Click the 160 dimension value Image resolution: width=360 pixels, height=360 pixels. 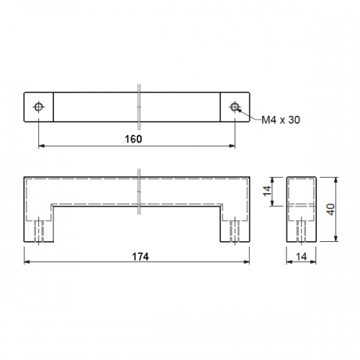[133, 139]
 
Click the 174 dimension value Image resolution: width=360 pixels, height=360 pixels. [140, 257]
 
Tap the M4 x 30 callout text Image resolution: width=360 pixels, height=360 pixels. [281, 120]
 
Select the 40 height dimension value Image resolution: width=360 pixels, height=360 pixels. [331, 210]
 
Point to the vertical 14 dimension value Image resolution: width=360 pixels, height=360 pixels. [267, 191]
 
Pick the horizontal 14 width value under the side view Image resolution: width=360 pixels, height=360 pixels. [302, 257]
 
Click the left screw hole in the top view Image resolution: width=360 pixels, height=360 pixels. [38, 107]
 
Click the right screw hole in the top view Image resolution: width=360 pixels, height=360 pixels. [235, 107]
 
